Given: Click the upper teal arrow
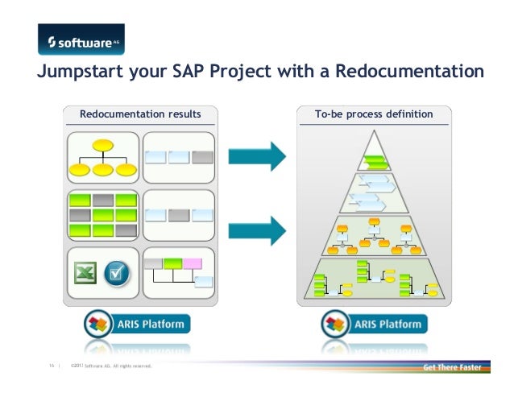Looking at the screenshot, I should pyautogui.click(x=257, y=155).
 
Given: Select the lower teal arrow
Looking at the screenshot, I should pyautogui.click(x=257, y=229).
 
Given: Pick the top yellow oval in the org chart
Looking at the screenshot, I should pyautogui.click(x=102, y=146).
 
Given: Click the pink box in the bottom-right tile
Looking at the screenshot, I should pyautogui.click(x=193, y=263).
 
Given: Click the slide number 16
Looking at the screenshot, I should pyautogui.click(x=50, y=368).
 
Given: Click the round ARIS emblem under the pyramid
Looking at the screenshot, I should pyautogui.click(x=334, y=325).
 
